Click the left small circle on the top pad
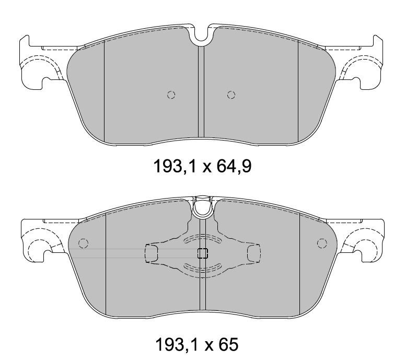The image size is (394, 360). tap(171, 95)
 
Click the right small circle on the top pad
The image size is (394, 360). tap(231, 95)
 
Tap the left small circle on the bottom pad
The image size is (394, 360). tap(83, 243)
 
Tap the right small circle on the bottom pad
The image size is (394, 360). tap(322, 243)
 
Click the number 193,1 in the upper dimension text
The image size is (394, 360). tap(175, 166)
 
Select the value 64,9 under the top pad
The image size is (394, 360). tap(234, 166)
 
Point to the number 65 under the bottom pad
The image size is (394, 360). tap(228, 344)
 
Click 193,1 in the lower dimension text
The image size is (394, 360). tap(177, 344)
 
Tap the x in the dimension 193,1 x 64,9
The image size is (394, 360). tap(206, 168)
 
